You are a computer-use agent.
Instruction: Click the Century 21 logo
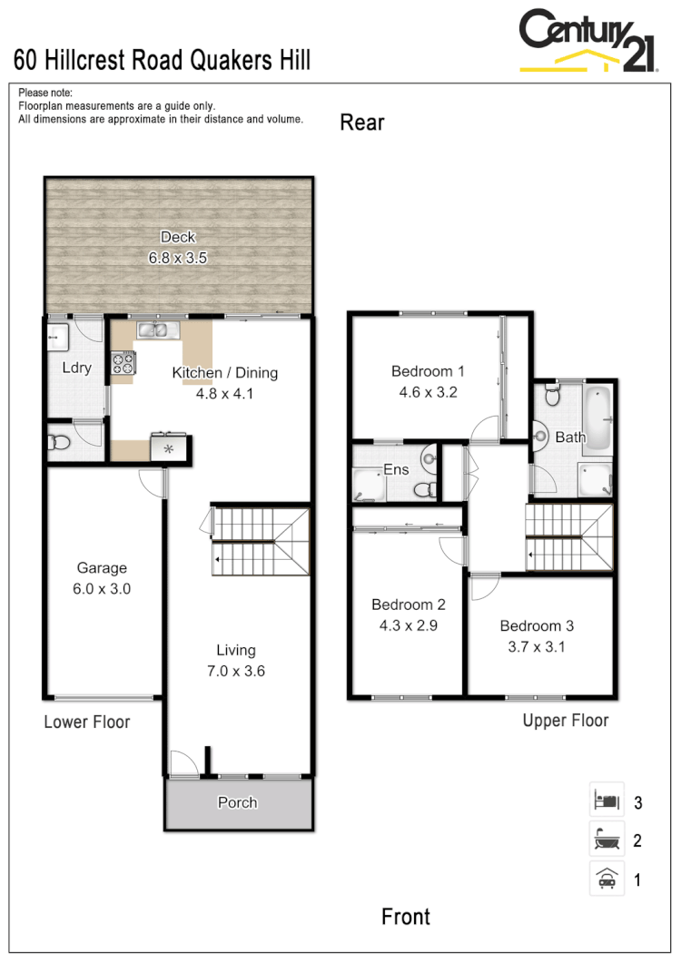point(587,41)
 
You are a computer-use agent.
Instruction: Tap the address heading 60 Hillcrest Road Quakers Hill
point(163,61)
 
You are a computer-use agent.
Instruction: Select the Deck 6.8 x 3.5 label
point(178,248)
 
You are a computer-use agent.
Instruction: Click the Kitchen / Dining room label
point(225,373)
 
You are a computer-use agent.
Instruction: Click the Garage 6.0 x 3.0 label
point(102,578)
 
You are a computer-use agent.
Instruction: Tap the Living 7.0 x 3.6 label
point(235,661)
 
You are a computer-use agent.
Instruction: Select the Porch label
point(238,802)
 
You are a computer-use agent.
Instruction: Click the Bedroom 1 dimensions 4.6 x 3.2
point(428,393)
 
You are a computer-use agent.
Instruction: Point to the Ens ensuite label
point(397,470)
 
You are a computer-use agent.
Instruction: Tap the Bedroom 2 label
point(408,604)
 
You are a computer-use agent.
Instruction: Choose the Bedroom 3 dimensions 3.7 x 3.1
point(537,647)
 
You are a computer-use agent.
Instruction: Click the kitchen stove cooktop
point(123,364)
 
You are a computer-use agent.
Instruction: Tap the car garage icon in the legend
point(606,879)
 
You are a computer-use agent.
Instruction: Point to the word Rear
point(362,123)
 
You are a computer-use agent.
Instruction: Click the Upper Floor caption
point(565,721)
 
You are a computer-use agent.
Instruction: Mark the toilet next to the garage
point(60,443)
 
